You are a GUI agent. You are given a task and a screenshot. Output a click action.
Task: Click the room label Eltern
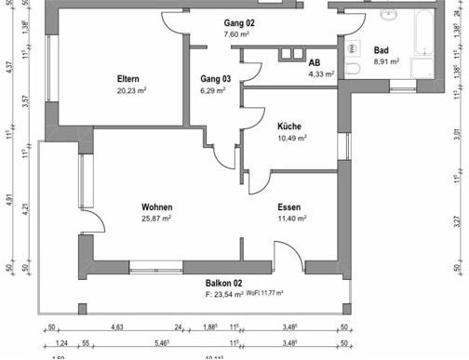pos(128,78)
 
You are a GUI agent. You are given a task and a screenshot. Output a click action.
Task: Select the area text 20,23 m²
pos(131,91)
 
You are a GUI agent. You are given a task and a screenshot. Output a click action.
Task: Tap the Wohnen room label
pos(158,207)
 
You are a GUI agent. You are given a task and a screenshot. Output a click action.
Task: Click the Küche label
pos(289,127)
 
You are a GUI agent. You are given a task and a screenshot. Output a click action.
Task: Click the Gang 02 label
pos(240,21)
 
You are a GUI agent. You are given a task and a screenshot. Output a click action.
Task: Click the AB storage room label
pos(315,61)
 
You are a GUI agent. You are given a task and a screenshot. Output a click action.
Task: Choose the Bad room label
pos(382,51)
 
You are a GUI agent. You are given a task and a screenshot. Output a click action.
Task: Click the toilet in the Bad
pos(354,70)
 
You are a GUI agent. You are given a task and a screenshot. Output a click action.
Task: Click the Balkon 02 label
pos(224,283)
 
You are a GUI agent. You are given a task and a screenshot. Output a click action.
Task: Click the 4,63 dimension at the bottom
pos(117,327)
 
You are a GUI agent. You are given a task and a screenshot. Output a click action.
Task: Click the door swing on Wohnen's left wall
pos(96,223)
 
